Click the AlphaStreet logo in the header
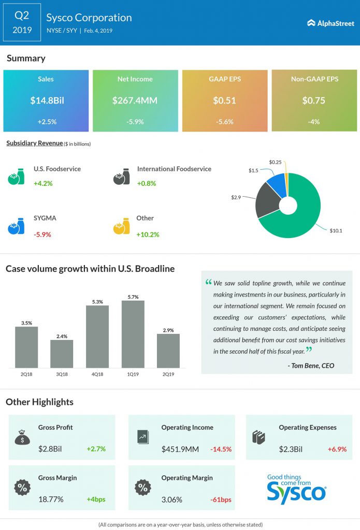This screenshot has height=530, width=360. (x=330, y=23)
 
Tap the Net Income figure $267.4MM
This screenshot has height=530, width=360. (x=135, y=100)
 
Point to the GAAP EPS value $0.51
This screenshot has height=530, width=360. (x=224, y=100)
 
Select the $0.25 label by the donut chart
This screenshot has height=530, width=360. (x=276, y=163)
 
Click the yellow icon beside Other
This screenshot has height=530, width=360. (x=121, y=226)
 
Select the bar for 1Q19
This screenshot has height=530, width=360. (x=133, y=334)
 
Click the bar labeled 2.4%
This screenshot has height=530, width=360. (x=62, y=354)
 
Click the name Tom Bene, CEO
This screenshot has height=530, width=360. (x=311, y=365)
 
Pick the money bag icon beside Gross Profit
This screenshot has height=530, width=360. (x=22, y=437)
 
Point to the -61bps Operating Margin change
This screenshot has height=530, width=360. (x=221, y=499)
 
